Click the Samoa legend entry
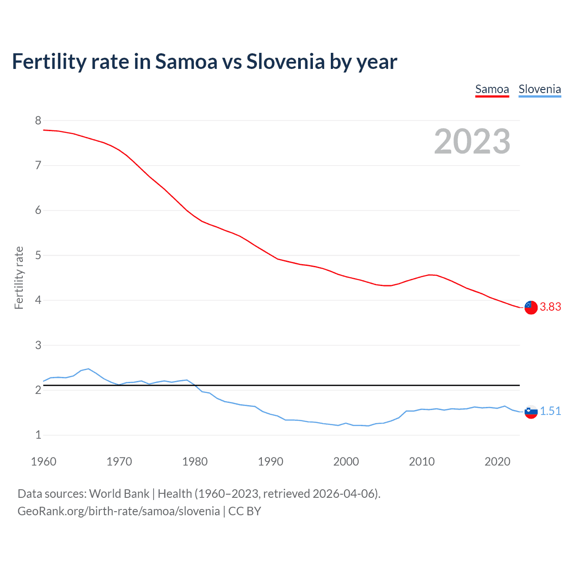(x=492, y=89)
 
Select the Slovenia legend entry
(x=539, y=89)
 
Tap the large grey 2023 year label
(x=472, y=141)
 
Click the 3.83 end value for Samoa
(x=550, y=307)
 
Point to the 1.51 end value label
(x=550, y=411)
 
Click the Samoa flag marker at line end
(x=531, y=308)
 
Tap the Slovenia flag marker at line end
(x=531, y=412)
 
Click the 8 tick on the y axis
(x=38, y=120)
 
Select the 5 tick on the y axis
(x=38, y=255)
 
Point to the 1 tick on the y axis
(x=38, y=435)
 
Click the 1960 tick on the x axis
(x=43, y=462)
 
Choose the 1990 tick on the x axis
(x=270, y=462)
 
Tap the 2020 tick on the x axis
(x=497, y=462)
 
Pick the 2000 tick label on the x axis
(x=346, y=462)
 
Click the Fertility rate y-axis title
(x=19, y=278)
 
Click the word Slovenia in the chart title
(x=285, y=61)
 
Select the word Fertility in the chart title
(x=49, y=61)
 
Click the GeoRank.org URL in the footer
(x=119, y=511)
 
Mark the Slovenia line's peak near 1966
(x=88, y=369)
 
